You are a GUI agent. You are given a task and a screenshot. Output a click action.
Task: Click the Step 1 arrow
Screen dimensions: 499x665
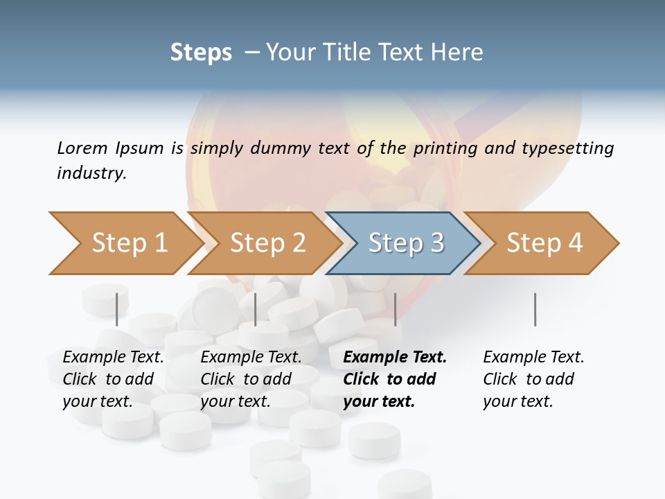(125, 243)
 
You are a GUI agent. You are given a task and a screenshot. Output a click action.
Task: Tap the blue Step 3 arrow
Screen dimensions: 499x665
(405, 243)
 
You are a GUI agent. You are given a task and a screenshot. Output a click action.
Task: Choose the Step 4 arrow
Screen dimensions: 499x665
(543, 243)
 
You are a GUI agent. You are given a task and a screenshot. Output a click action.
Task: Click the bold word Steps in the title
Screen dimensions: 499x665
(201, 53)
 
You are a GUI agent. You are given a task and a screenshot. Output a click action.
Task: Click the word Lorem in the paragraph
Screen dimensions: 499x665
(82, 148)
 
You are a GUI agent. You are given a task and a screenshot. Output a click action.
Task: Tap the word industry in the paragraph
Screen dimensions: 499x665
(91, 173)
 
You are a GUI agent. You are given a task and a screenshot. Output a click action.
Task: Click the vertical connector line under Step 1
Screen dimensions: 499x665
(117, 309)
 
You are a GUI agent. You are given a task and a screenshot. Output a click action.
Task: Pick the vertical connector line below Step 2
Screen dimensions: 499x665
(256, 309)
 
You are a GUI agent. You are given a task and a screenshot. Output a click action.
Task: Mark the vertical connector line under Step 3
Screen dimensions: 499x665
(395, 309)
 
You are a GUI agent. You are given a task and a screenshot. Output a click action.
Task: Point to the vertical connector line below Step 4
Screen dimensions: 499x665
(535, 309)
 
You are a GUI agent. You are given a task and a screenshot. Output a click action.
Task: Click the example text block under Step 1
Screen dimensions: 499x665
(113, 379)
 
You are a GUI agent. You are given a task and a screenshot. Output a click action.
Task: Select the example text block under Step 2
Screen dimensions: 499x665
(251, 379)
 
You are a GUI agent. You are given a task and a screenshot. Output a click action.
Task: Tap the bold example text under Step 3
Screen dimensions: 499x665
(394, 379)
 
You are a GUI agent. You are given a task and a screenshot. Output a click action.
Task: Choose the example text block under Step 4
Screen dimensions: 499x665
(533, 379)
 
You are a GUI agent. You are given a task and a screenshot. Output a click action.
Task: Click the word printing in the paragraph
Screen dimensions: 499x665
(441, 148)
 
